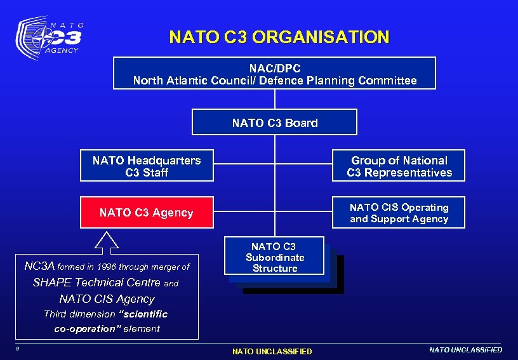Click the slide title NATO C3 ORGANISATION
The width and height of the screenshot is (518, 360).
tap(279, 37)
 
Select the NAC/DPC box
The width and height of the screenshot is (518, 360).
tap(274, 73)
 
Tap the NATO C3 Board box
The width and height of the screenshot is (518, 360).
tap(274, 123)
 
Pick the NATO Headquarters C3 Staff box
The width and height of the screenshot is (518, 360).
tap(147, 166)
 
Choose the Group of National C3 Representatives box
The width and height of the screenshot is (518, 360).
tap(399, 166)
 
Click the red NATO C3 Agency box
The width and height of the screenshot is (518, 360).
tap(146, 213)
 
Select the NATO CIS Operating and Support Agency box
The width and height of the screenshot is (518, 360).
tap(399, 213)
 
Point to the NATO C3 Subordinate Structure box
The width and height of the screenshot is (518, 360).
tap(274, 257)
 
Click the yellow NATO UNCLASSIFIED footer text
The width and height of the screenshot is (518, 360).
tap(272, 351)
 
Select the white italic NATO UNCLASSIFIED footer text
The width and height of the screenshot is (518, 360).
tap(465, 350)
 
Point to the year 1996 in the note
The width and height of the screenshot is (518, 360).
tap(126, 267)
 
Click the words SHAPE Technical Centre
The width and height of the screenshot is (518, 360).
tap(96, 283)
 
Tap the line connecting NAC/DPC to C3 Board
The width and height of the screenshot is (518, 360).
tap(275, 99)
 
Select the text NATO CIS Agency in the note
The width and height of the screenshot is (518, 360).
tap(107, 298)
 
